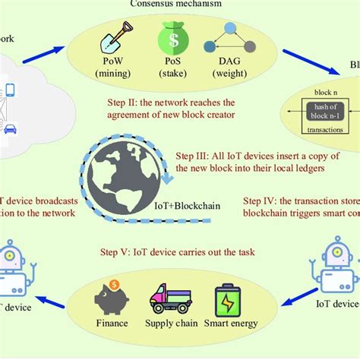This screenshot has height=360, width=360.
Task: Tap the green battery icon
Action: coord(228,298)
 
